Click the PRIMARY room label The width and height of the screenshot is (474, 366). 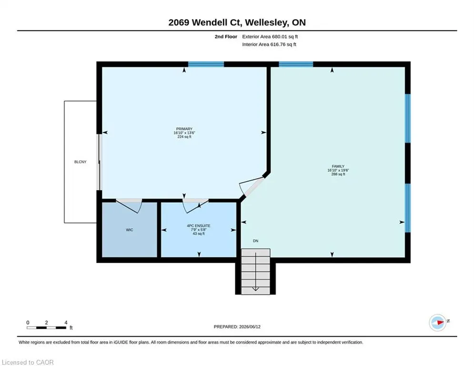pyautogui.click(x=184, y=129)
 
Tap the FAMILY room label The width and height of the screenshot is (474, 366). pyautogui.click(x=338, y=166)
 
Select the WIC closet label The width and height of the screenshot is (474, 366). pyautogui.click(x=130, y=230)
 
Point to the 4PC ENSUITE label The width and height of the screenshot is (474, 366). pyautogui.click(x=199, y=225)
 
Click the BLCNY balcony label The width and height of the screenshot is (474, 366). pyautogui.click(x=81, y=162)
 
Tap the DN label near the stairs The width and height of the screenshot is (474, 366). pyautogui.click(x=256, y=241)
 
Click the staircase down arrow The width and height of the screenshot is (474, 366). pyautogui.click(x=256, y=271)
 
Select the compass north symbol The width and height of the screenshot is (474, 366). pyautogui.click(x=438, y=323)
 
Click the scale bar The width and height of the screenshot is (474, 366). pyautogui.click(x=47, y=327)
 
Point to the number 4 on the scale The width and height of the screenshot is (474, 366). pyautogui.click(x=66, y=323)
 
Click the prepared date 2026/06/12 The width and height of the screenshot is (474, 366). pyautogui.click(x=250, y=326)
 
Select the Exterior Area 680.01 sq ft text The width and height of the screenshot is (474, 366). pyautogui.click(x=270, y=37)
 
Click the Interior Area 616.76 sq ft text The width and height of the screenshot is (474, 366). pyautogui.click(x=269, y=44)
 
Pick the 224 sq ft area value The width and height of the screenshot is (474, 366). pyautogui.click(x=184, y=137)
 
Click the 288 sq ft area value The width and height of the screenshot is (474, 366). pyautogui.click(x=338, y=174)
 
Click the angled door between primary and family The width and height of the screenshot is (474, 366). pyautogui.click(x=252, y=188)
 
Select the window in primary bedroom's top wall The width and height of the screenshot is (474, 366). pyautogui.click(x=206, y=64)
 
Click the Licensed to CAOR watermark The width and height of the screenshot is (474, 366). pyautogui.click(x=28, y=362)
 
